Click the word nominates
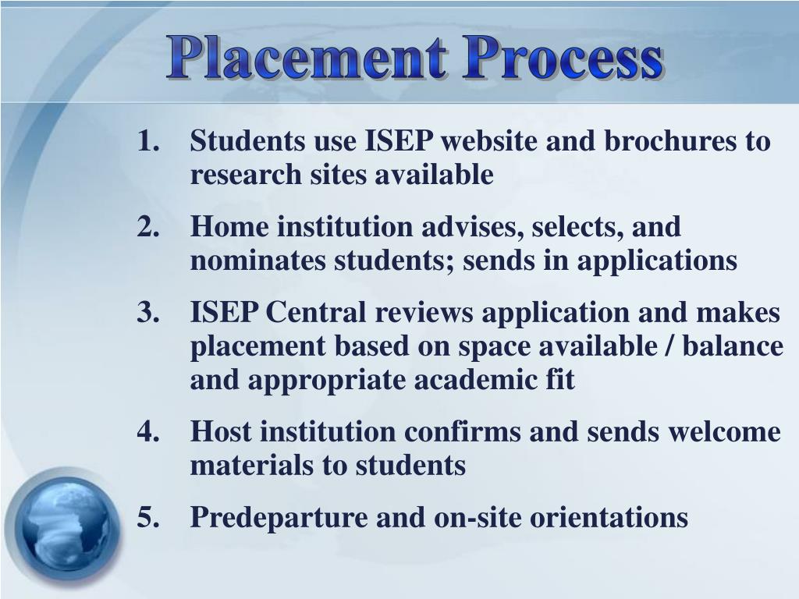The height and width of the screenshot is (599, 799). tap(258, 261)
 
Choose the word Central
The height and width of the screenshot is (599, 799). tap(315, 313)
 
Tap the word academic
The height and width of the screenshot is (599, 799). tap(443, 381)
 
